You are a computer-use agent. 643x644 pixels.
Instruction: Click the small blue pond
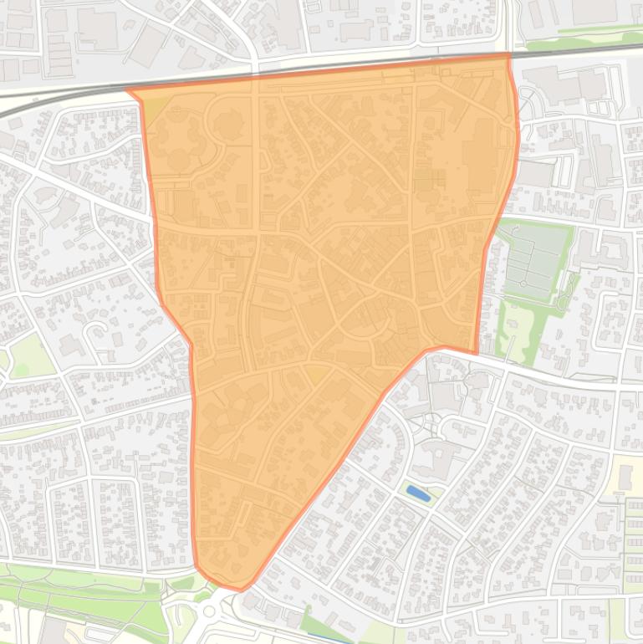click(418, 493)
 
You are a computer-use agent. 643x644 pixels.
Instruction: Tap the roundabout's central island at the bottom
click(208, 611)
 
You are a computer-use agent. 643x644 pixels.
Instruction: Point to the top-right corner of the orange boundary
click(508, 55)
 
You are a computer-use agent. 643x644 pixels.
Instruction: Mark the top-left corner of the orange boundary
click(128, 91)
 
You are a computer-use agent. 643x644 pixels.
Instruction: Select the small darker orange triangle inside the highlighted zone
click(315, 374)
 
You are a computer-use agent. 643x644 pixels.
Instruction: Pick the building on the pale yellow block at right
click(625, 478)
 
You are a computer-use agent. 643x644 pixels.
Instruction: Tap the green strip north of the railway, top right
click(585, 37)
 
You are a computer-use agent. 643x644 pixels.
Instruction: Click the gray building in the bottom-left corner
click(52, 631)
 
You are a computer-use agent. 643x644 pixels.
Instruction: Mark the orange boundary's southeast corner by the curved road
click(475, 352)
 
